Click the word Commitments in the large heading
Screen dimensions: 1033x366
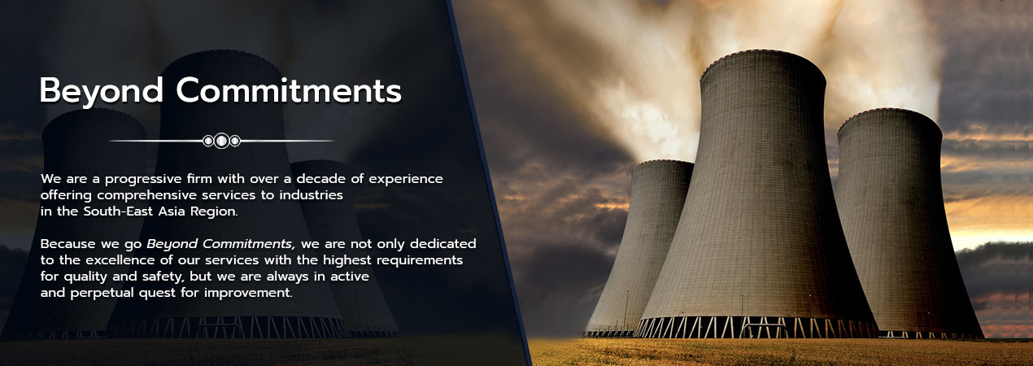289,90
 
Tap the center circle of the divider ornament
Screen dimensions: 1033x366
222,141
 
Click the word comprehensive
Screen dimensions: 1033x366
146,195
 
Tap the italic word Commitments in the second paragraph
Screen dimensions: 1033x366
249,244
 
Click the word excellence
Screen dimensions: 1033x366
120,260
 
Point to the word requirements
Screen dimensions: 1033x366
420,260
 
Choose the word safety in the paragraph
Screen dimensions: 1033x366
163,277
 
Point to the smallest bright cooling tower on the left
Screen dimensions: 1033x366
642,244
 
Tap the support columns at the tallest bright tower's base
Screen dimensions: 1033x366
756,327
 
